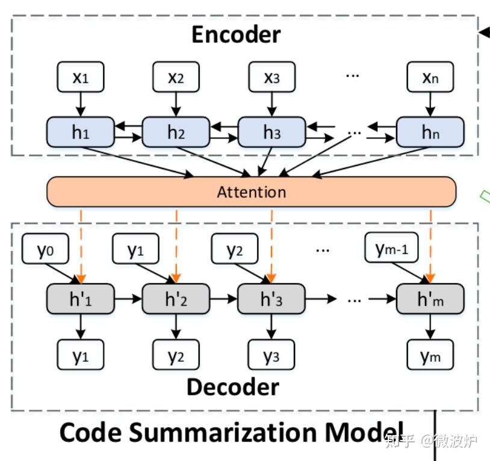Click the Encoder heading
tap(235, 34)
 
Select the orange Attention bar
tap(251, 192)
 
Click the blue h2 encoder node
tap(176, 132)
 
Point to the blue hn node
tap(430, 132)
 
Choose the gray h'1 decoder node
tap(81, 299)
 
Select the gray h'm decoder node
tap(430, 299)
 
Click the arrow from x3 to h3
tap(271, 104)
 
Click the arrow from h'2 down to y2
tap(176, 326)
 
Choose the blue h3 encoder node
tap(271, 132)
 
